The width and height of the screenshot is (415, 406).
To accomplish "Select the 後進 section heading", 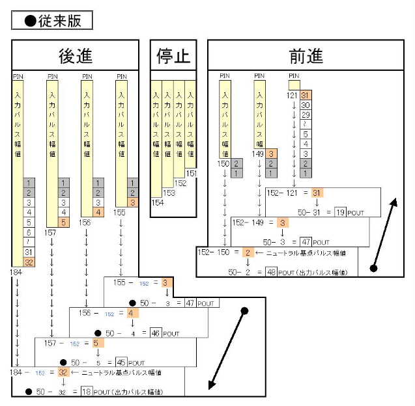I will point(75,56).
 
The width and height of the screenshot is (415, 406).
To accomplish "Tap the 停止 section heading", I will point(173,56).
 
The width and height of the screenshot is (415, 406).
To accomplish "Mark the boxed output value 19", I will point(339,212).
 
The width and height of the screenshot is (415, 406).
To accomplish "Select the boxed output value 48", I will point(271,272).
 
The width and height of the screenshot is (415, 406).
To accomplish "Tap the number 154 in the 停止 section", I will point(157,203).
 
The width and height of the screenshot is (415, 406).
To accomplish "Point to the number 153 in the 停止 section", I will point(169,193).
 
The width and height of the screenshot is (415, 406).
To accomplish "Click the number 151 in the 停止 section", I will point(191,174).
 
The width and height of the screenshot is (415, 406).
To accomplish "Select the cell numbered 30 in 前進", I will point(305,105).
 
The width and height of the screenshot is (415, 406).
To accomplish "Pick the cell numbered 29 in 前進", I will point(305,115).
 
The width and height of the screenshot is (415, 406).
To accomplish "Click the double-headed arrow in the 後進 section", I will point(227,348).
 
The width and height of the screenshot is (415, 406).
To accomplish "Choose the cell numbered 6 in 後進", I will point(29,232).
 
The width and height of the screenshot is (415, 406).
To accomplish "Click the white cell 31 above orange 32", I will point(29,252).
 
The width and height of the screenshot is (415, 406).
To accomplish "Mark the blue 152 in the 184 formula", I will point(40,373).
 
